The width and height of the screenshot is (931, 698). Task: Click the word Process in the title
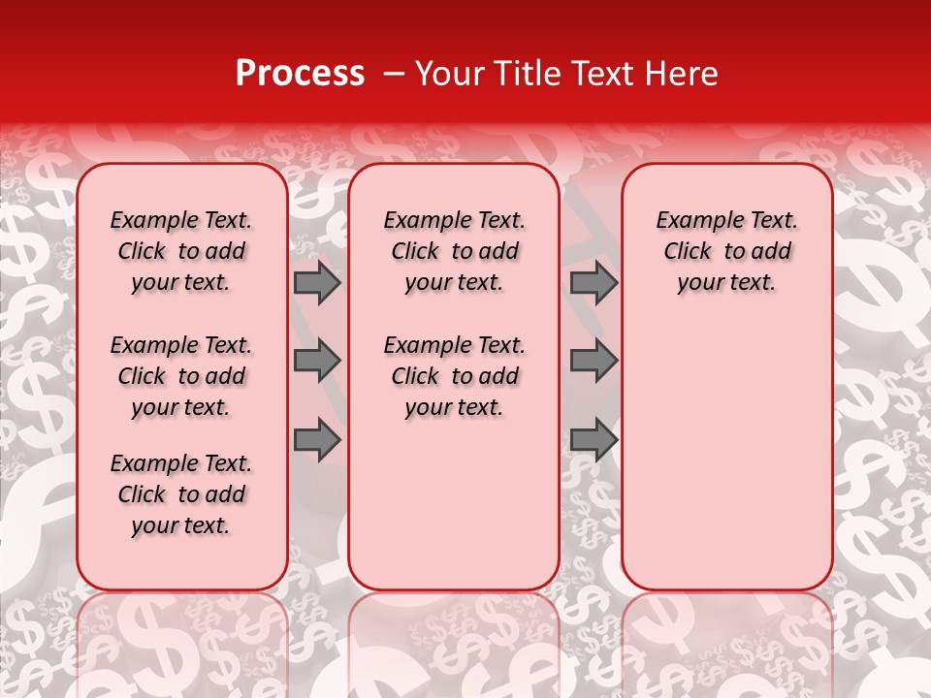tap(299, 74)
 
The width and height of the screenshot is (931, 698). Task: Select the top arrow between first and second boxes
tap(317, 283)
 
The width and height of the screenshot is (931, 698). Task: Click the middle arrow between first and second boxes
tap(317, 362)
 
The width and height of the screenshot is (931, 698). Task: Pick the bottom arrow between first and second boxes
tap(317, 439)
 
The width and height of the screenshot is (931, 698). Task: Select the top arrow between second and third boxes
tap(594, 283)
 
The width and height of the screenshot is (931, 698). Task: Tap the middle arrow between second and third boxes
tap(594, 362)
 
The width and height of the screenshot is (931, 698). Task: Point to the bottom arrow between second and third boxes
tap(594, 439)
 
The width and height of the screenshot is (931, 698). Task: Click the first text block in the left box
tap(181, 251)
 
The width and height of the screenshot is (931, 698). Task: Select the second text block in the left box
tap(181, 376)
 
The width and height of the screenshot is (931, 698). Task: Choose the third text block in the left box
tap(181, 494)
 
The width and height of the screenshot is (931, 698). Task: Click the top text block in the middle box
tap(454, 251)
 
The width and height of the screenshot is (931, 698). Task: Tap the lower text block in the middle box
tap(454, 376)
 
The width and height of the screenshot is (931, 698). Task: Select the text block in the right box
tap(727, 251)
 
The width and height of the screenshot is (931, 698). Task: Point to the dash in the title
tap(392, 74)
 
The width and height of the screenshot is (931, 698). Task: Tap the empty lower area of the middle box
tap(454, 504)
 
